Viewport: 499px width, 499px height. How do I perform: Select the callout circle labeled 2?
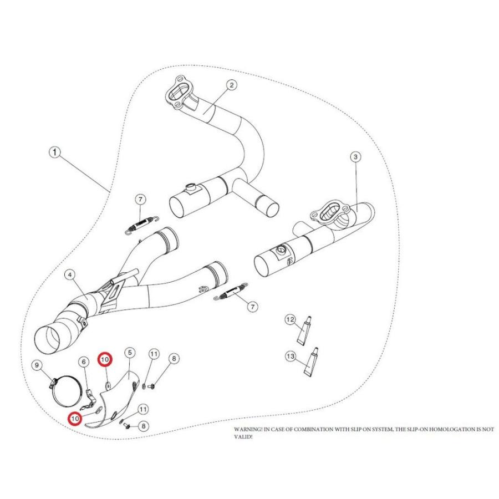pos(231,85)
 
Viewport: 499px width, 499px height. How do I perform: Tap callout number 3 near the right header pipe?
pos(355,157)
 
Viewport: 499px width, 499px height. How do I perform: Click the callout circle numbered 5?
pos(129,353)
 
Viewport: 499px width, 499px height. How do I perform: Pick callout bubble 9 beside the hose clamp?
pos(37,365)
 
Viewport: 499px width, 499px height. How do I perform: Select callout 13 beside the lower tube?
pos(291,356)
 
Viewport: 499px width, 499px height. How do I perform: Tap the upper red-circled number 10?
pos(105,360)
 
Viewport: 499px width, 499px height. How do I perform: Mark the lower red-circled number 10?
pos(74,417)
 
